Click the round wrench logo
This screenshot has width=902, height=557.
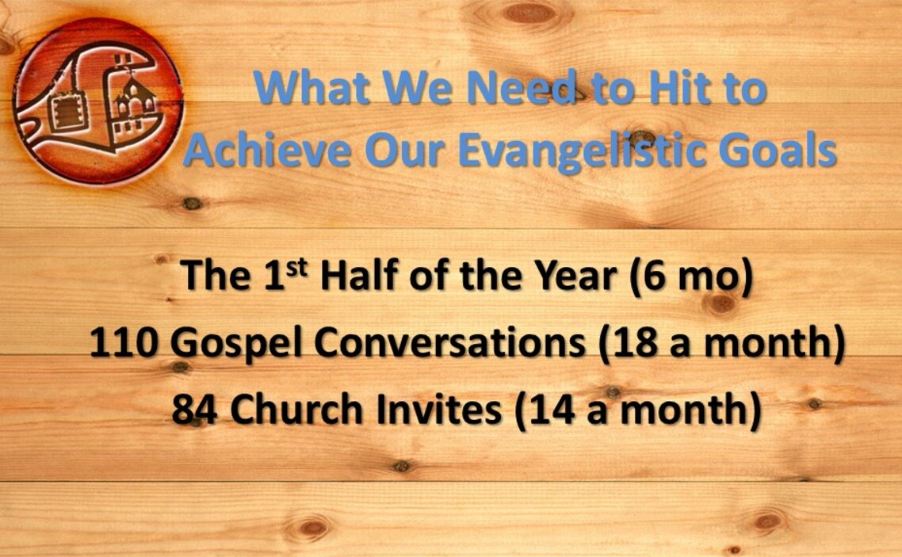(x=98, y=101)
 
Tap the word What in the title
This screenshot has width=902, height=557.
(x=311, y=88)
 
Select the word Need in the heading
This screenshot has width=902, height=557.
(x=521, y=88)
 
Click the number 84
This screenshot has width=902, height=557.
(x=194, y=410)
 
